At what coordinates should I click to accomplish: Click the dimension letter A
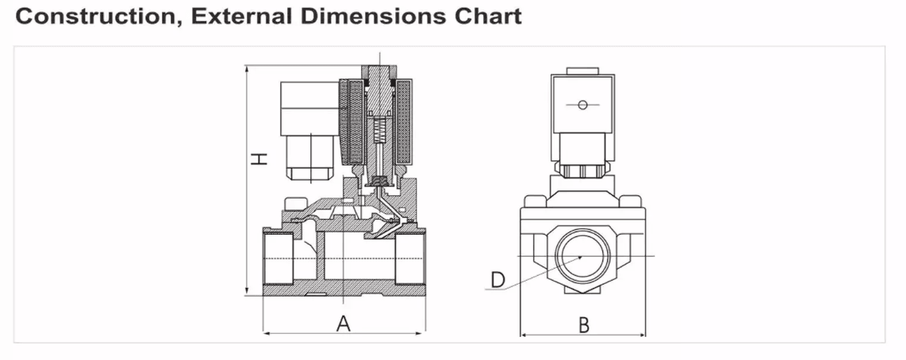344,324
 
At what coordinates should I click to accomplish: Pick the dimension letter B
583,324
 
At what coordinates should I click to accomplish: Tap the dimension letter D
497,279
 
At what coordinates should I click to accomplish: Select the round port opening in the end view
580,256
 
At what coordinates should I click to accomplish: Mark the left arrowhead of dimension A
265,333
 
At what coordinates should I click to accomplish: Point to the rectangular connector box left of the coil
306,108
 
